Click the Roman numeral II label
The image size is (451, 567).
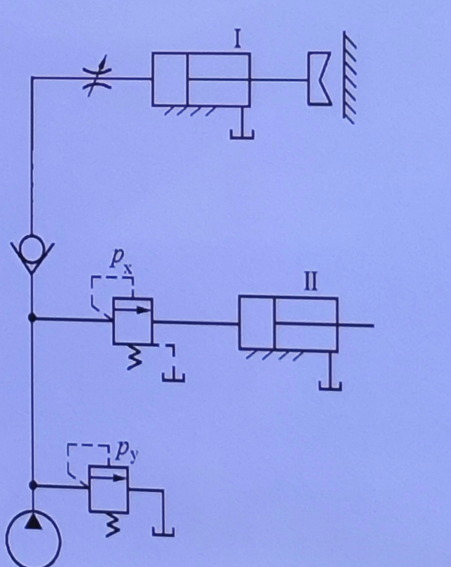click(x=311, y=281)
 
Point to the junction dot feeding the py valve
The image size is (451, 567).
click(x=32, y=485)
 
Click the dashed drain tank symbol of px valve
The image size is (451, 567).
click(x=173, y=377)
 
